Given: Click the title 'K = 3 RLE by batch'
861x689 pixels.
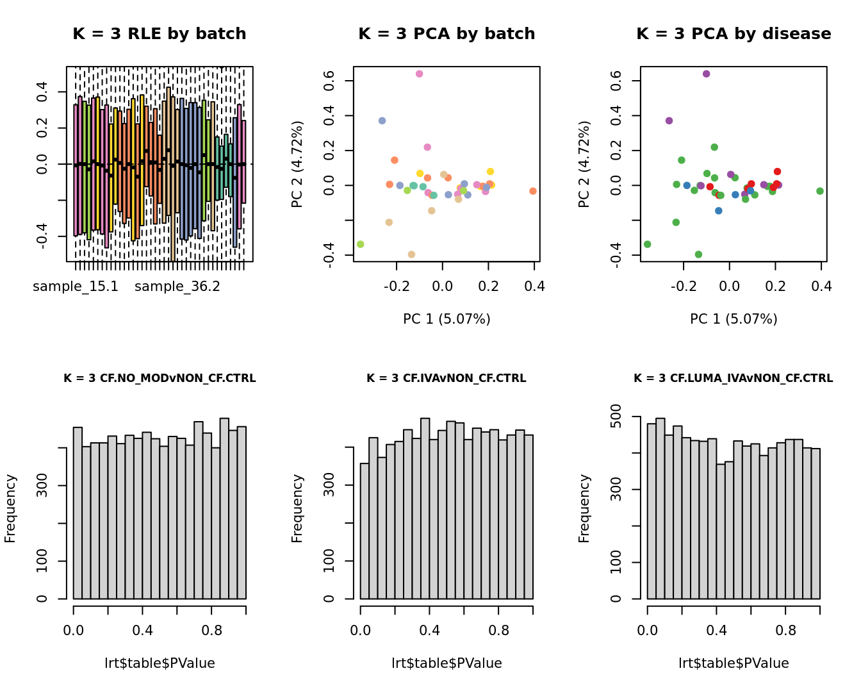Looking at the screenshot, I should [x=159, y=34].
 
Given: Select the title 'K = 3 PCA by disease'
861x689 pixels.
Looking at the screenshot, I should [x=734, y=34].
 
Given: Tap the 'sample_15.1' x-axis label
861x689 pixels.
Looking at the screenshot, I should [x=76, y=286].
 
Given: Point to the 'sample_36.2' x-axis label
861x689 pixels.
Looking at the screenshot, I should [x=177, y=286].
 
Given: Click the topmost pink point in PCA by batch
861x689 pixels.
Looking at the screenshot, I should [x=420, y=74].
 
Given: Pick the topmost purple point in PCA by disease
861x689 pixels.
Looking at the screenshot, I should [x=707, y=74].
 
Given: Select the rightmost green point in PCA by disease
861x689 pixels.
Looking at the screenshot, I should [x=820, y=191].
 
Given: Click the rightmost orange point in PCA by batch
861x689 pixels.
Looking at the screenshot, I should [x=533, y=191].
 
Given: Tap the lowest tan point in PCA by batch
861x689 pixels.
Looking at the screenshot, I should [x=411, y=254].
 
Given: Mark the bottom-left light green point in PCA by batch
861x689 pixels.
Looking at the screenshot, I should [x=361, y=244].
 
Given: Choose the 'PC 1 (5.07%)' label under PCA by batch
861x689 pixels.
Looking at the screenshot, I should [x=447, y=319].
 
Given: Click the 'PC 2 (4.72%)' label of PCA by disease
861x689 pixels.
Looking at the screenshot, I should [x=584, y=164].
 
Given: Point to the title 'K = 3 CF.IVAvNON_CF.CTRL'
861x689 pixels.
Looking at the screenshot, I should [x=447, y=378].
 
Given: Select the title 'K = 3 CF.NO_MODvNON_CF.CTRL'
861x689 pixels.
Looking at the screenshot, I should [x=160, y=378].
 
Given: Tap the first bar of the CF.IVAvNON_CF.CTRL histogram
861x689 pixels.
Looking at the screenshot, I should [x=365, y=531].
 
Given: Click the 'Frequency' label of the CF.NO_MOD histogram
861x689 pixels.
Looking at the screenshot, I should [x=10, y=508].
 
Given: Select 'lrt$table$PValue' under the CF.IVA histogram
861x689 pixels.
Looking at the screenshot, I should [x=447, y=663].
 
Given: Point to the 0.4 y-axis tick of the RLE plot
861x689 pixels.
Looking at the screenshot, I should [x=42, y=92].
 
